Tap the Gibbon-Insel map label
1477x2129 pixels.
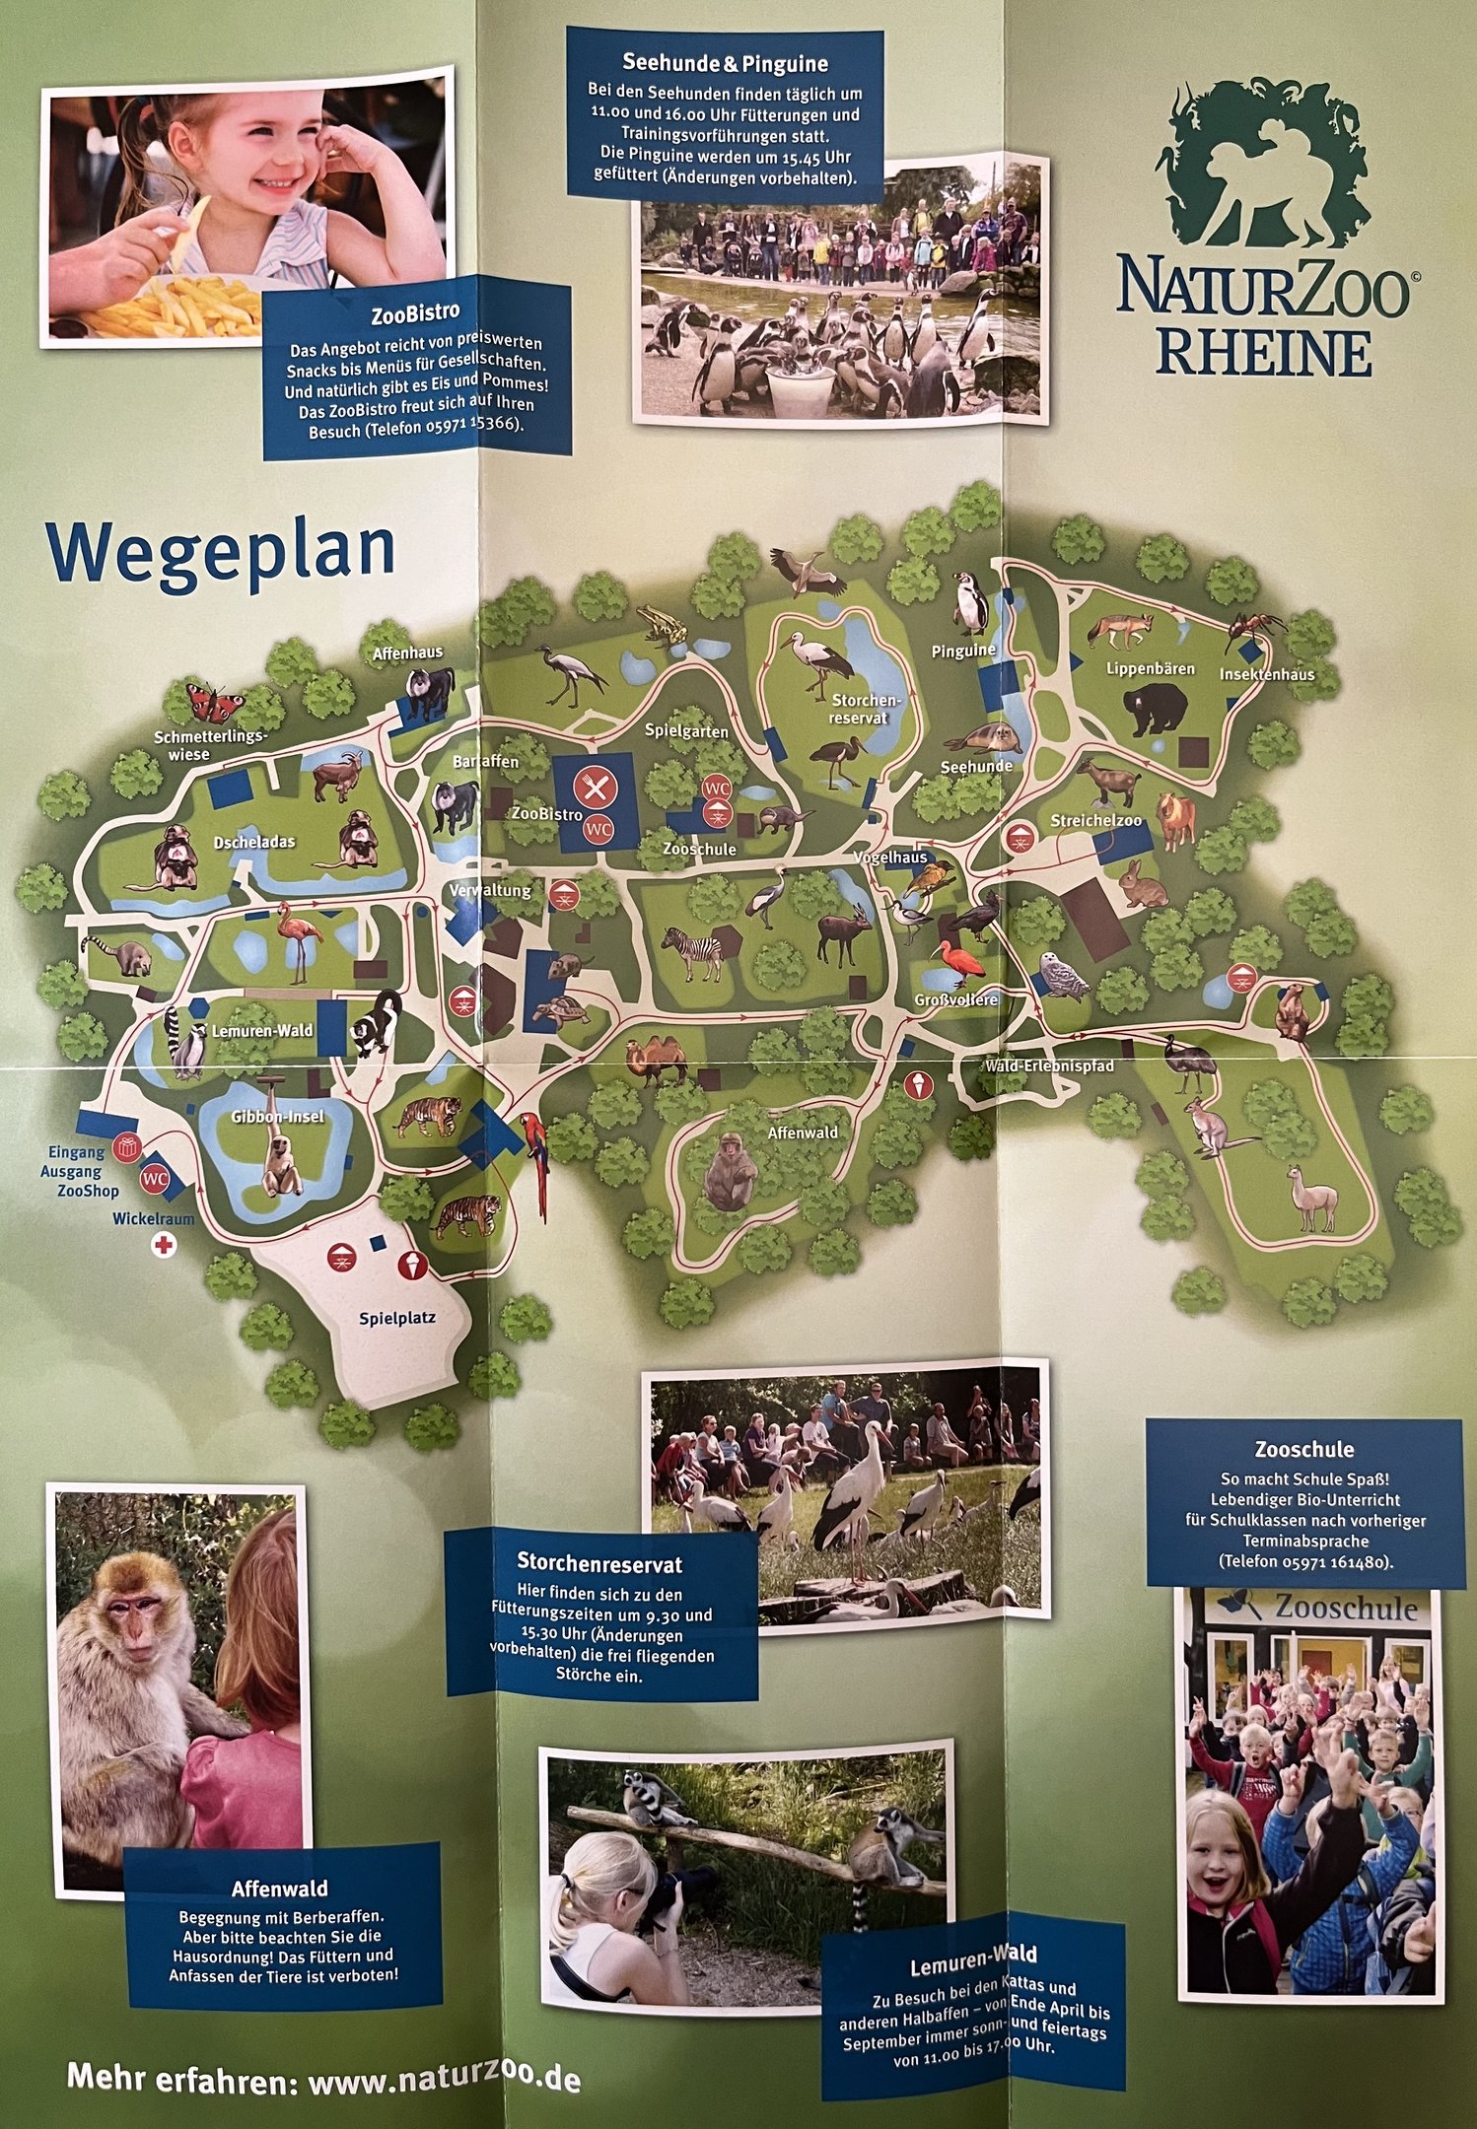point(277,1117)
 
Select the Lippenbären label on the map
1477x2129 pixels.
point(1150,668)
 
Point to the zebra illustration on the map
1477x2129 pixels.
point(693,952)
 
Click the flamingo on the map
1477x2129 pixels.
point(299,938)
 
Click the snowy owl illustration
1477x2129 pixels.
point(1064,975)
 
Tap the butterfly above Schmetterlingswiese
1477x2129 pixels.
point(216,704)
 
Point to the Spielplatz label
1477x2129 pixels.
point(397,1318)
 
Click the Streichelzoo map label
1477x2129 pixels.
point(1095,820)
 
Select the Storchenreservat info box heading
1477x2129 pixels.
point(599,1563)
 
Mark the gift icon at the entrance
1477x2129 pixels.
point(126,1147)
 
